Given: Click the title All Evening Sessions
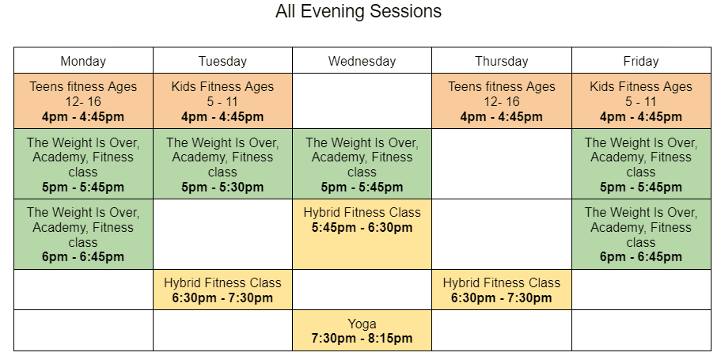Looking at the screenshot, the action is click(359, 11).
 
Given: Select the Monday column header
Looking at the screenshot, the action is click(83, 60).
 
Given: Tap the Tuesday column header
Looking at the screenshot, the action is click(222, 60).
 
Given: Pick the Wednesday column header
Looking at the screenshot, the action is click(362, 60).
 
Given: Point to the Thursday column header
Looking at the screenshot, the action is click(502, 60).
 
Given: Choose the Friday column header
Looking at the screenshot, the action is click(641, 60).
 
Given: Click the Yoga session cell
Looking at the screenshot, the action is click(362, 331).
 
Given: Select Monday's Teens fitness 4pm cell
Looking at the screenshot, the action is click(83, 101).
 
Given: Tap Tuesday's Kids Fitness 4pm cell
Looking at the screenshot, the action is click(222, 101).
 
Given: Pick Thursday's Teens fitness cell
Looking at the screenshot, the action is click(502, 101).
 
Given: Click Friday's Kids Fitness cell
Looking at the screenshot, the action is click(641, 101).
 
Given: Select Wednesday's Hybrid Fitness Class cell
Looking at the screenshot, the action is click(362, 234).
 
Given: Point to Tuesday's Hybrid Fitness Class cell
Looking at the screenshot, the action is click(222, 290).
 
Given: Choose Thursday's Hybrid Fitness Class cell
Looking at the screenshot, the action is click(502, 290).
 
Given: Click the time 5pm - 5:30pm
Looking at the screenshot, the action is click(222, 188).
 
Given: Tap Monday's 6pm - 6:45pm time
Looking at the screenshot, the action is click(83, 256).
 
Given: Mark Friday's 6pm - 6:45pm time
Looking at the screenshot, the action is click(641, 256).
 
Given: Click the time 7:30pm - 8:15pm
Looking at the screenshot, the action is click(362, 339).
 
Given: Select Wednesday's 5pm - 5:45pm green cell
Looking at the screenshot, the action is click(362, 164).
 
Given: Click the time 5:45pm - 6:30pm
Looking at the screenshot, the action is click(362, 228).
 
